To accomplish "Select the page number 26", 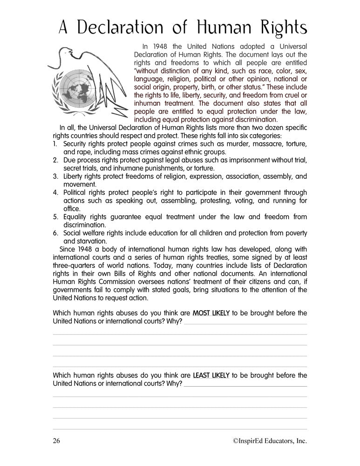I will pos(57,441).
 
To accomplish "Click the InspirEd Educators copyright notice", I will pos(264,441).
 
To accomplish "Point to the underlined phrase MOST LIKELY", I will pos(211,313).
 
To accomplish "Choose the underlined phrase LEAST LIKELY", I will pos(211,375).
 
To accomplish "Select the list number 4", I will pos(54,192).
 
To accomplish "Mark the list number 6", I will pos(54,233).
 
